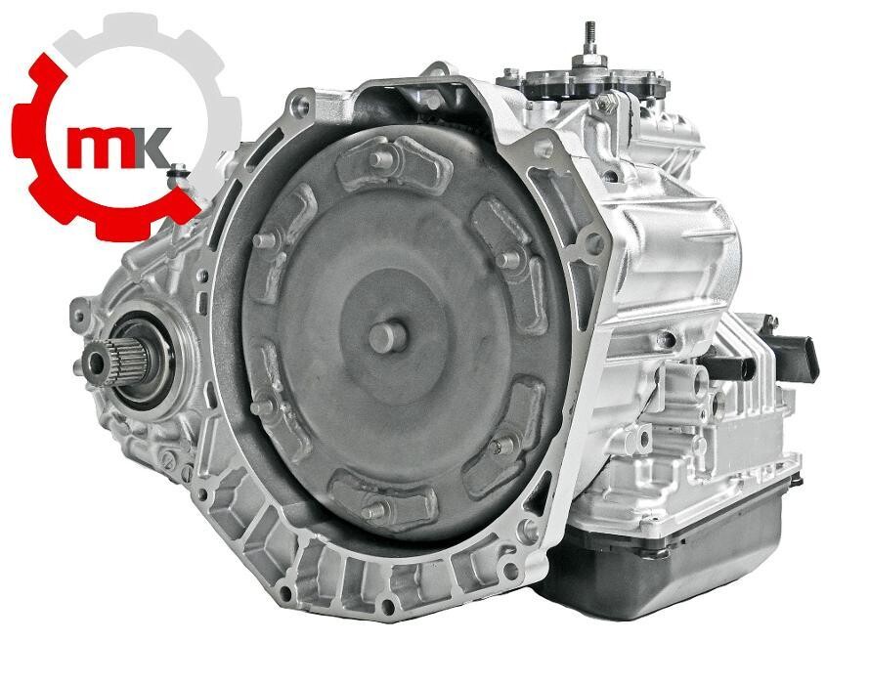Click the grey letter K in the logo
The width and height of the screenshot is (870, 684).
tap(152, 147)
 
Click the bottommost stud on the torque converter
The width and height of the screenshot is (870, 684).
tap(372, 509)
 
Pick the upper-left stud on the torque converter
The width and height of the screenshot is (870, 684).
tap(264, 239)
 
